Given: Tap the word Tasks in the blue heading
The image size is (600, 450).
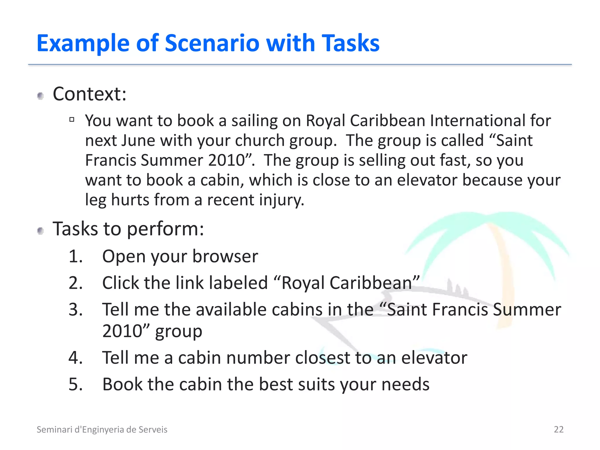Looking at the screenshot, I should [350, 43].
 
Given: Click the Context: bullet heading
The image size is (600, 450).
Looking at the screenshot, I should [89, 94].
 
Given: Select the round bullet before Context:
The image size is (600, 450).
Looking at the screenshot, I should [41, 96].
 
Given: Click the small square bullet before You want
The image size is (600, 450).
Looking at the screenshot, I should [72, 119].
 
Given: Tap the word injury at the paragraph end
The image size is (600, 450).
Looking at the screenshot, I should [281, 200].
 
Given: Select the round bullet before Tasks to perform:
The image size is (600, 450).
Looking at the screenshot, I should [41, 231].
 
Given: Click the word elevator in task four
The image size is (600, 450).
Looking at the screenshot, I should [434, 358].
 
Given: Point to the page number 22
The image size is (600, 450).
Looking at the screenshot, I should [558, 429].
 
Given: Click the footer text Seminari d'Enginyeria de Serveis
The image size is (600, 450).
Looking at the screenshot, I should [102, 429].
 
